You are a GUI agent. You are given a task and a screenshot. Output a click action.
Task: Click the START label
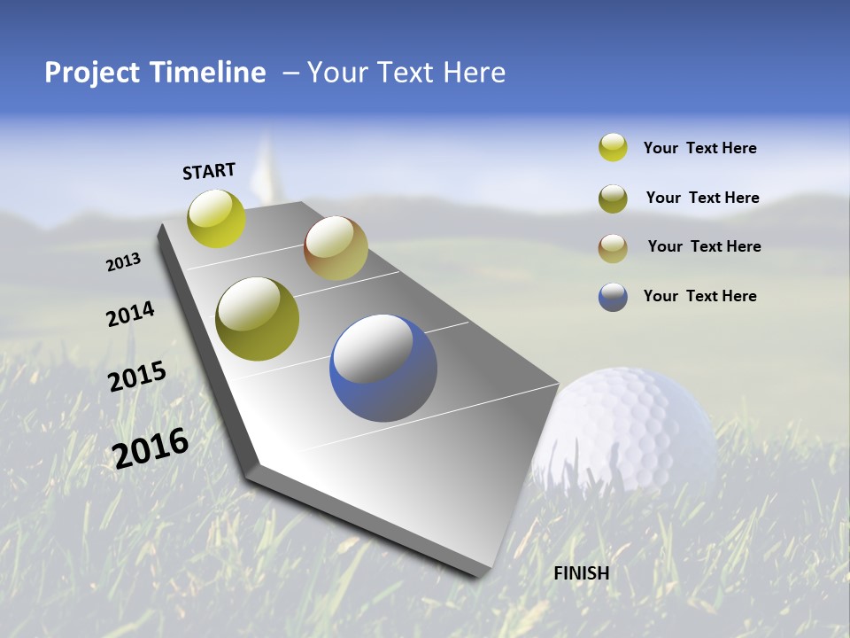click(209, 171)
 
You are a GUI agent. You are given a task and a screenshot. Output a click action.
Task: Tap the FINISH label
click(581, 573)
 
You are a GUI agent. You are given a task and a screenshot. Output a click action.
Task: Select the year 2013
click(123, 262)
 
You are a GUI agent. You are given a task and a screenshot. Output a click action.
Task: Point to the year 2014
click(130, 315)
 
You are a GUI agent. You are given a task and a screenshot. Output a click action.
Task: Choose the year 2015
click(137, 377)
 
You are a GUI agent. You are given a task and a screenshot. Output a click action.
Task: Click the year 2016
click(151, 447)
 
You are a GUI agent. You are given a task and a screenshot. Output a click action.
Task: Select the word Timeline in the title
click(209, 73)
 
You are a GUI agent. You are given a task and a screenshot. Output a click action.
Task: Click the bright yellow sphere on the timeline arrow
click(216, 218)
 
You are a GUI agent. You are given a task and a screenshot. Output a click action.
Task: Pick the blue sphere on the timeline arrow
click(382, 368)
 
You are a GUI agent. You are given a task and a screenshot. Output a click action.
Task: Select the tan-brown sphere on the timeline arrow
click(336, 248)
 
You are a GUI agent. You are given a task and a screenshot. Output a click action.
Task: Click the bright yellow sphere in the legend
click(613, 147)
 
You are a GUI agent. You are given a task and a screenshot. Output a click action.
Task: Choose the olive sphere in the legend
click(613, 198)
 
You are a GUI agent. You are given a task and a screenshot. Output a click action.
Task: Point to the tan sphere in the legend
click(613, 247)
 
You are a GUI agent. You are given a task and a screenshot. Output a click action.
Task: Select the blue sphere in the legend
click(613, 297)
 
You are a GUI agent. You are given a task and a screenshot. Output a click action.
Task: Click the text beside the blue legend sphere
click(699, 296)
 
